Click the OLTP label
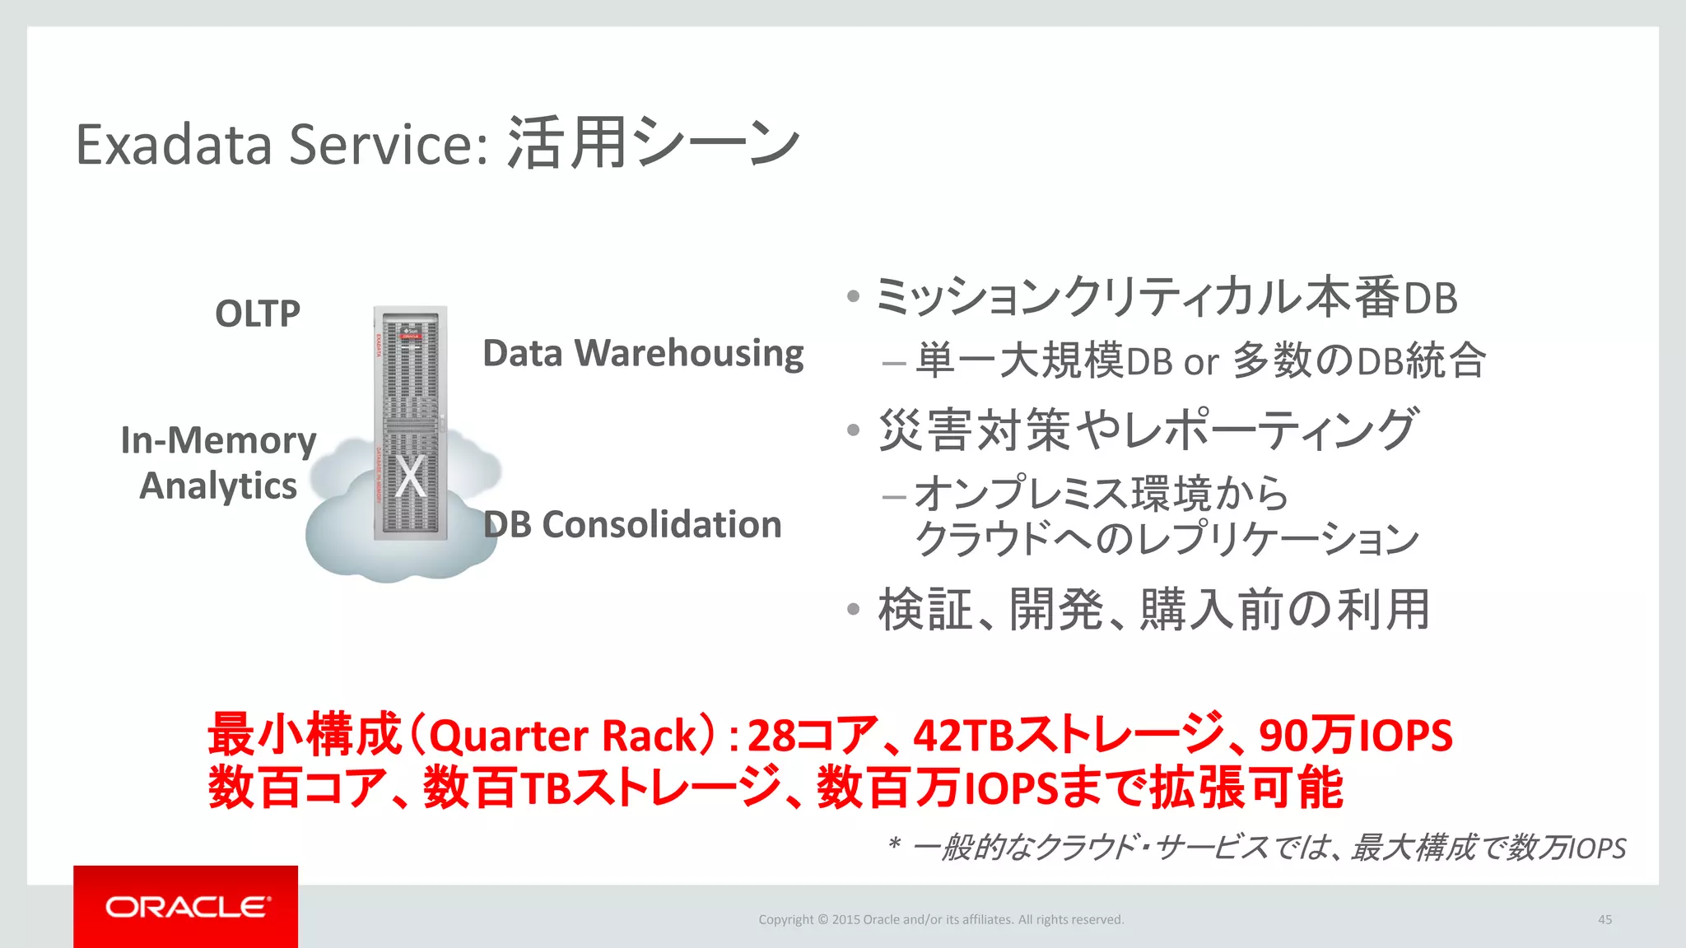point(258,314)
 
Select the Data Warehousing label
point(643,353)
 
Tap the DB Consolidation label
point(632,524)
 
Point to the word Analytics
point(218,486)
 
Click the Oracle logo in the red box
point(187,907)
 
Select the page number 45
point(1604,919)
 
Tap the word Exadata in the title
point(174,145)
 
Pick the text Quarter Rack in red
point(563,736)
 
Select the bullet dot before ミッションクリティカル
point(853,297)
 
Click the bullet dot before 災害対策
point(853,430)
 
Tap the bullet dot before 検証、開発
point(853,610)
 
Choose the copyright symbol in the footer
point(822,919)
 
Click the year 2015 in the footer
point(845,919)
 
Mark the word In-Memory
point(218,440)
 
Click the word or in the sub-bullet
point(1200,362)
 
